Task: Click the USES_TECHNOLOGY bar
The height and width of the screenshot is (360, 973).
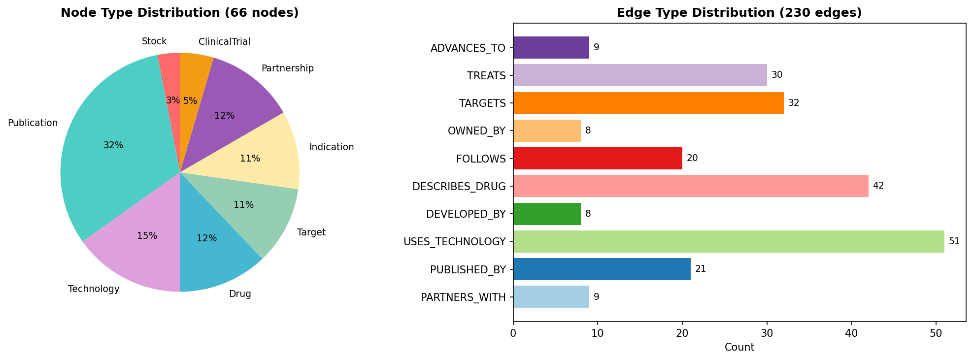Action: [728, 241]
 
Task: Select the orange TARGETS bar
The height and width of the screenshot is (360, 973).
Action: [648, 103]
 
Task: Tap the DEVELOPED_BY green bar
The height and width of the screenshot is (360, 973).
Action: [547, 214]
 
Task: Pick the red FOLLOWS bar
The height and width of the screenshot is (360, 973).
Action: [597, 159]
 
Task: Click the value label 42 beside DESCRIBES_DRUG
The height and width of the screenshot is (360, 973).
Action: [878, 186]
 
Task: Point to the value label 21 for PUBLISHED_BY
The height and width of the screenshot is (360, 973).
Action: [701, 269]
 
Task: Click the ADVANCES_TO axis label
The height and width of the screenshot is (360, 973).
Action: [468, 48]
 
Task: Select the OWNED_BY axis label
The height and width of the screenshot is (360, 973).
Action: [476, 131]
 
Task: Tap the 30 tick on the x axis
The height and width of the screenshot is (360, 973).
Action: [767, 333]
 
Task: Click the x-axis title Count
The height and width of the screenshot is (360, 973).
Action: [739, 347]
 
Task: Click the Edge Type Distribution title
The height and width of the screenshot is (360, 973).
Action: [739, 13]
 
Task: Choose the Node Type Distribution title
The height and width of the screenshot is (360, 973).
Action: [179, 13]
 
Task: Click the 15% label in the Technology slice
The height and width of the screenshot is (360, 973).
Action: [147, 236]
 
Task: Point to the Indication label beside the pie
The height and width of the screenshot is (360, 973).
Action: [331, 147]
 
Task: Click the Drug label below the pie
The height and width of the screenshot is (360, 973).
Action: [240, 294]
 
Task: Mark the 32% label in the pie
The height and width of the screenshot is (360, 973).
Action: [113, 145]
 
